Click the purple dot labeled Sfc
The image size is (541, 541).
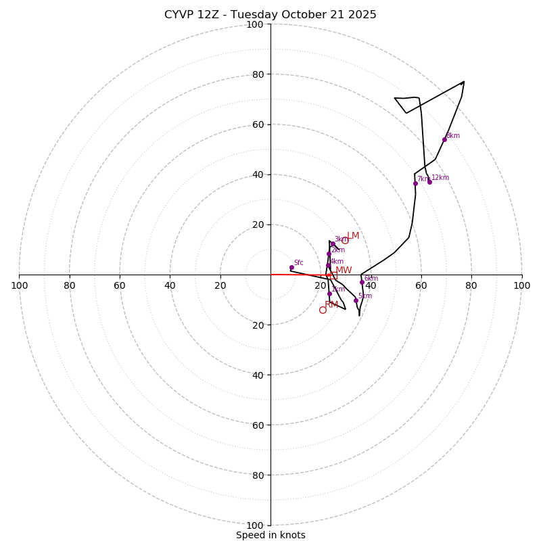pyautogui.click(x=291, y=267)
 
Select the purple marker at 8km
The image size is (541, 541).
pyautogui.click(x=444, y=139)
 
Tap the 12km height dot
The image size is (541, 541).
pyautogui.click(x=429, y=182)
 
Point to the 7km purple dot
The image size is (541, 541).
pyautogui.click(x=415, y=183)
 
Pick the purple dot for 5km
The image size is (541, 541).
pyautogui.click(x=356, y=300)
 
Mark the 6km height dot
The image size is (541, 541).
pyautogui.click(x=362, y=283)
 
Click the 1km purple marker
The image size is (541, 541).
pyautogui.click(x=329, y=293)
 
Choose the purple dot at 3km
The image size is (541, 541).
pyautogui.click(x=333, y=243)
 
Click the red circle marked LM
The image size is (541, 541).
pyautogui.click(x=345, y=240)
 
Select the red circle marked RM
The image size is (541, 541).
pyautogui.click(x=323, y=310)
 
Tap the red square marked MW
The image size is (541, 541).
pyautogui.click(x=333, y=275)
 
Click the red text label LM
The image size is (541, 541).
pyautogui.click(x=353, y=236)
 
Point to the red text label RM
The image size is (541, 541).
pyautogui.click(x=331, y=305)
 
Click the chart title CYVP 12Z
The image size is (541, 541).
pyautogui.click(x=270, y=15)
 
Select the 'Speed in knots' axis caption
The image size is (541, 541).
pyautogui.click(x=270, y=535)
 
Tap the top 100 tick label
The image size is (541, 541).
pyautogui.click(x=255, y=24)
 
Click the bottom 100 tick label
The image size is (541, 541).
pyautogui.click(x=255, y=525)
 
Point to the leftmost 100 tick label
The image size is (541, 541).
pyautogui.click(x=19, y=285)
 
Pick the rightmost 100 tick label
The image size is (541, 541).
pyautogui.click(x=522, y=285)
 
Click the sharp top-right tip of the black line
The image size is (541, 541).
pyautogui.click(x=464, y=82)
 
